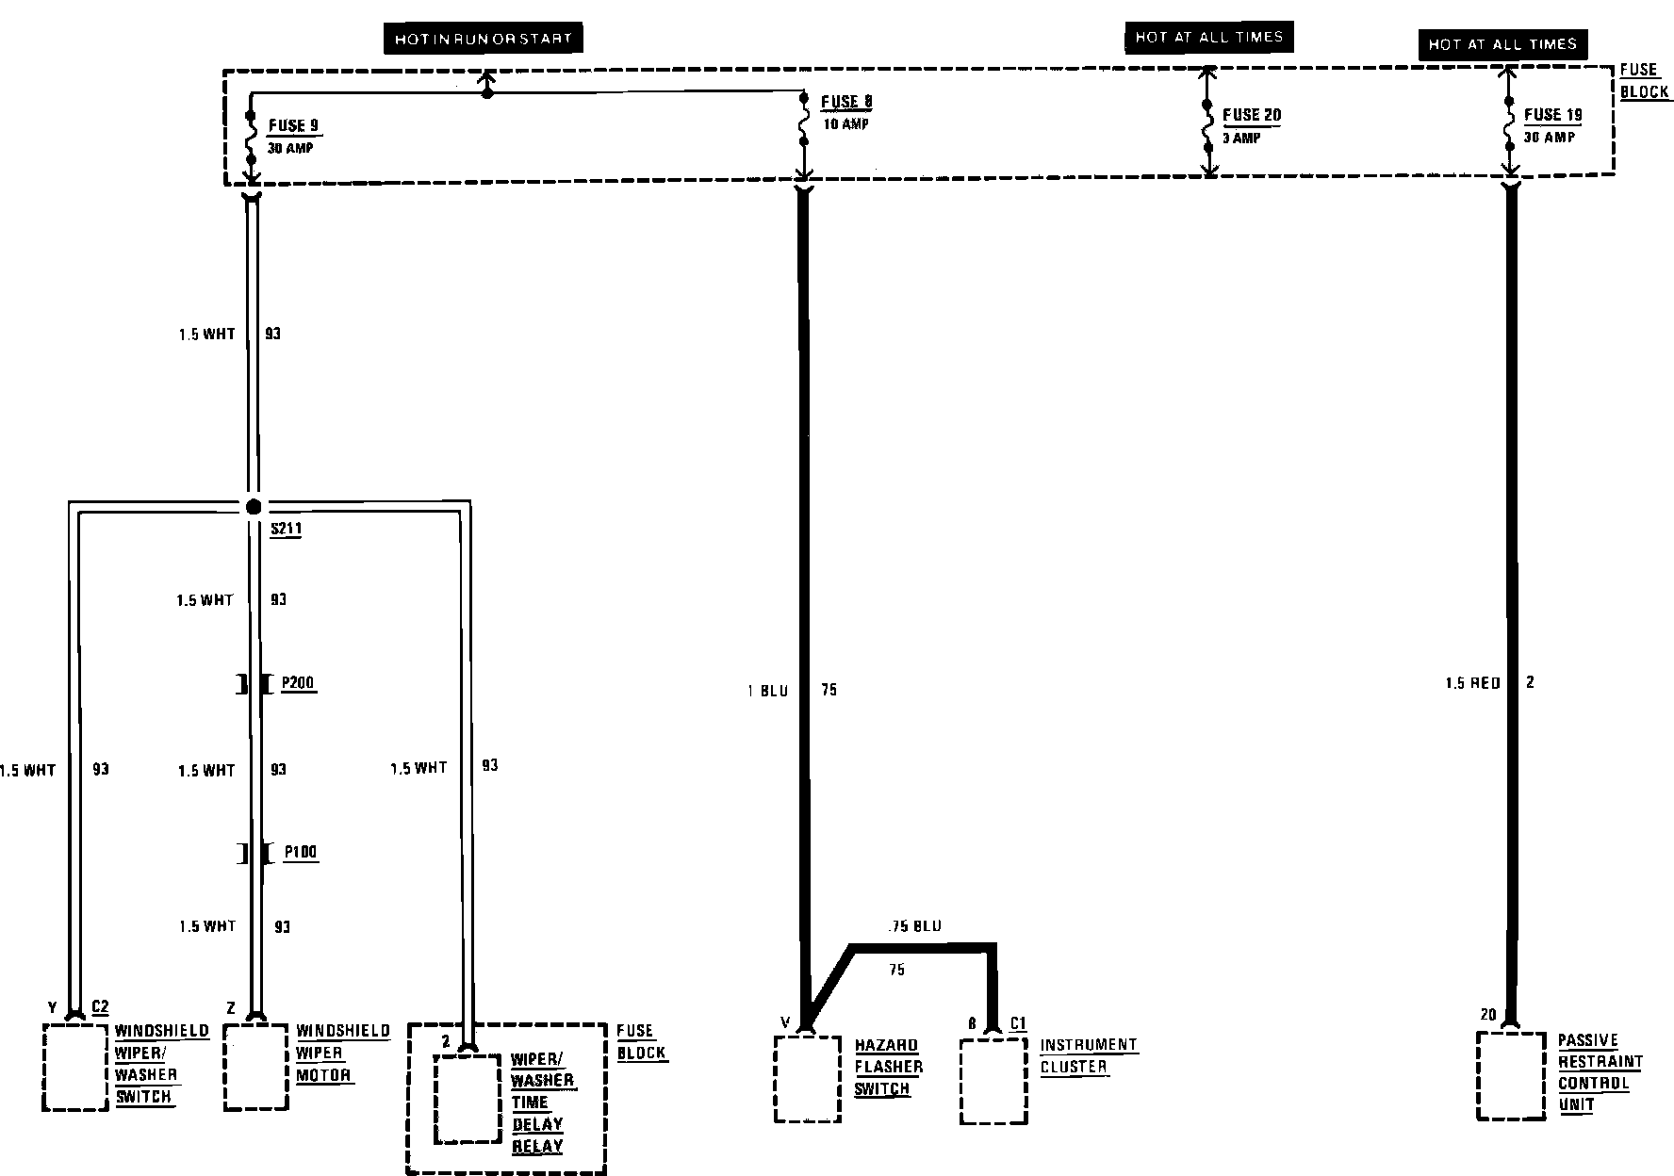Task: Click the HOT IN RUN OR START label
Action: [483, 39]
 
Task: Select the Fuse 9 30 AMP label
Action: [292, 136]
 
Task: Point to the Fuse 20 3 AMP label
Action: [1251, 125]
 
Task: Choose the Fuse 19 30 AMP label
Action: [1551, 125]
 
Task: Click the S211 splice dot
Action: [253, 507]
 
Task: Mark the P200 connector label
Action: [299, 684]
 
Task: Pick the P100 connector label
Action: [301, 853]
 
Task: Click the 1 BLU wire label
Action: [767, 691]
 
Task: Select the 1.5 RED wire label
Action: [1472, 683]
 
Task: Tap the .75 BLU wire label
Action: [913, 926]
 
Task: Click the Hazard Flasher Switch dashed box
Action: [807, 1079]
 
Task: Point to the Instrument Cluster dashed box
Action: [993, 1082]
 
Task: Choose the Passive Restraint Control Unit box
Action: [1511, 1075]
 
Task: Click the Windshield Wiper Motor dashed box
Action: [254, 1067]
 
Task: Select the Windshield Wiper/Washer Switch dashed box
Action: [74, 1068]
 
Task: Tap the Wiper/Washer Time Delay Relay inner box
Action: [467, 1099]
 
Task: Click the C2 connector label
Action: [100, 1006]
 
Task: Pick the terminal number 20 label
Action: [1487, 1015]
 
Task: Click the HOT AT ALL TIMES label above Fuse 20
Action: [1208, 38]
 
